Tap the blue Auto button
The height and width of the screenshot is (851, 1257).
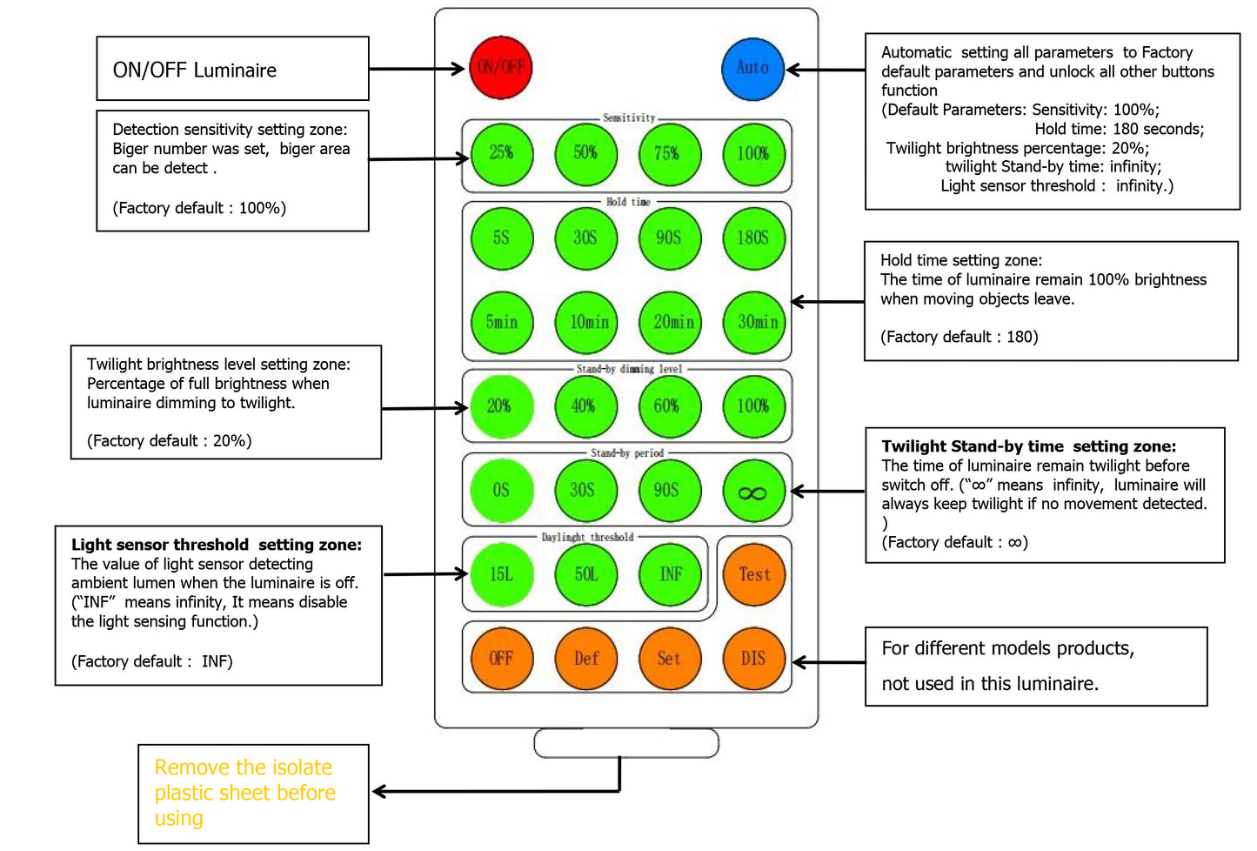(752, 68)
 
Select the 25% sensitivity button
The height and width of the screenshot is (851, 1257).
(501, 154)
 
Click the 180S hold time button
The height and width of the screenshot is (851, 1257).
(753, 238)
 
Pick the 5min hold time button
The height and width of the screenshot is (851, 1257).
(501, 322)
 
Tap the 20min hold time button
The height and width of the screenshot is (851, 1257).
(672, 322)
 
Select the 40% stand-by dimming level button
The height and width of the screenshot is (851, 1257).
(585, 406)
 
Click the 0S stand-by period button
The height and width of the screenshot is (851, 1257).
(501, 491)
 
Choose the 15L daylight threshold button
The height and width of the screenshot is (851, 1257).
(501, 574)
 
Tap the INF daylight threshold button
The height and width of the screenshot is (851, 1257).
(670, 574)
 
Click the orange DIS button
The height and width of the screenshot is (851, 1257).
(753, 659)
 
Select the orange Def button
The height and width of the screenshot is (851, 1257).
(585, 659)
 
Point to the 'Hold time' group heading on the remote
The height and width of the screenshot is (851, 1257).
(628, 202)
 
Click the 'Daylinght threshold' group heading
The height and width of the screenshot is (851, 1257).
(587, 537)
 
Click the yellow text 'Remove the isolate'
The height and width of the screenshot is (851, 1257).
(244, 767)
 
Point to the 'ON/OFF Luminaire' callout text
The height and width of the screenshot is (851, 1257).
(195, 70)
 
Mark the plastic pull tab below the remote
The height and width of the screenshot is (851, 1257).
(626, 743)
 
